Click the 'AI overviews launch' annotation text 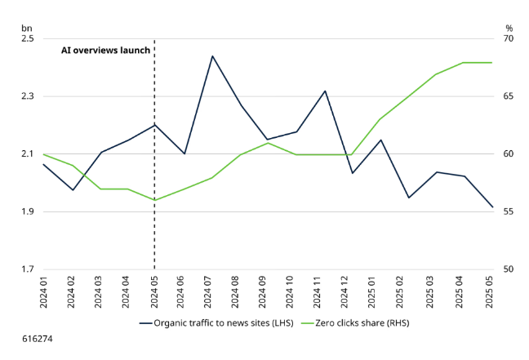(106, 50)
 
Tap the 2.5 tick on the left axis (27, 39)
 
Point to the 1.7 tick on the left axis (27, 270)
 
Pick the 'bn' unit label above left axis (26, 26)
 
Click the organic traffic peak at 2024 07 (212, 56)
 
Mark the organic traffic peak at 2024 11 (324, 91)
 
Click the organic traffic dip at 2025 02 (408, 198)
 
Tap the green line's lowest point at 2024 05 (154, 200)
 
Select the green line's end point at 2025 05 (491, 63)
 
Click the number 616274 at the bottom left (38, 336)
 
